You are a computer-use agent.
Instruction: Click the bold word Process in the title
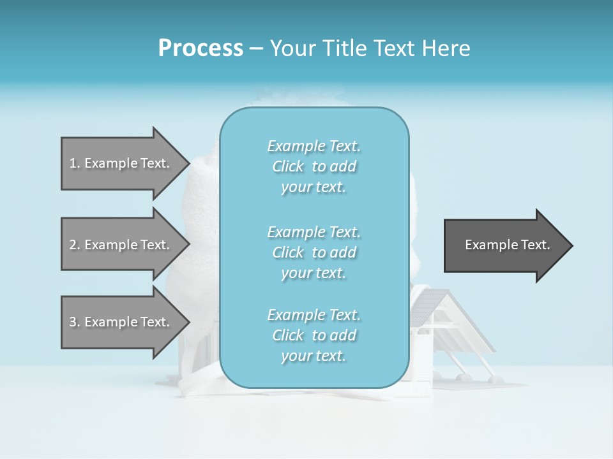(201, 48)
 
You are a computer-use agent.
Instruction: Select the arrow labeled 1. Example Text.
(121, 163)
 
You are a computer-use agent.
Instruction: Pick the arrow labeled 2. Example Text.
(121, 245)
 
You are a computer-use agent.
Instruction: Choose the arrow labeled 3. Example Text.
(121, 322)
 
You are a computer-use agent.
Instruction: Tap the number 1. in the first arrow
(75, 163)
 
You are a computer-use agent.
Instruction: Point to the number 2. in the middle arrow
(75, 245)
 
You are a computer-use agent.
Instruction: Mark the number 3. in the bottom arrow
(75, 322)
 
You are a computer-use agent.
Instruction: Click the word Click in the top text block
(288, 166)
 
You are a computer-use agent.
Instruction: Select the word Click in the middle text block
(288, 252)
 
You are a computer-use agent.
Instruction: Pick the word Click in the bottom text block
(288, 335)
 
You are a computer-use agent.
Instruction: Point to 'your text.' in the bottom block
(314, 356)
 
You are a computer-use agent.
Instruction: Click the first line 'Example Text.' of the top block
(314, 146)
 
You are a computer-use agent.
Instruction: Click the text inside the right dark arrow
(507, 245)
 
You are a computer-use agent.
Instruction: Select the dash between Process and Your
(257, 48)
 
